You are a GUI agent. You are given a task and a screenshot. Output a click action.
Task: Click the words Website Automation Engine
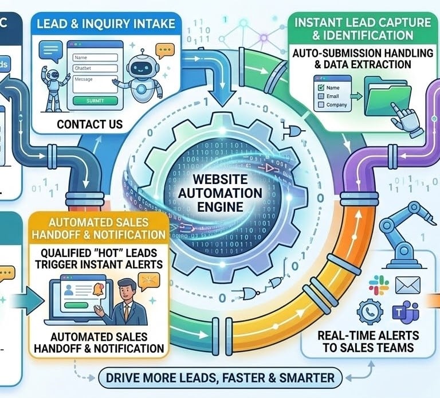pyautogui.click(x=221, y=190)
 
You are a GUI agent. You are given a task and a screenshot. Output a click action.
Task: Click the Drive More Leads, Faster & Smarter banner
pyautogui.click(x=220, y=378)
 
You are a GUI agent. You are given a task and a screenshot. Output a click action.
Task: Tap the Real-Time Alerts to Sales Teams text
pyautogui.click(x=370, y=341)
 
